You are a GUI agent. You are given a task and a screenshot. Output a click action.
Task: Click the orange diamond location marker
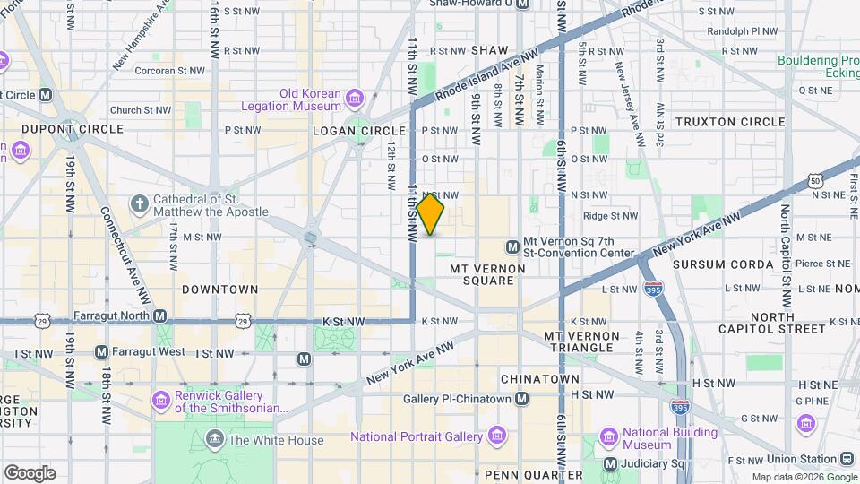(x=430, y=214)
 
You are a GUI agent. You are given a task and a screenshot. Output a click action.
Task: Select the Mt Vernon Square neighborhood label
(x=482, y=274)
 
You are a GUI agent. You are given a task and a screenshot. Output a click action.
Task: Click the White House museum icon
(x=215, y=438)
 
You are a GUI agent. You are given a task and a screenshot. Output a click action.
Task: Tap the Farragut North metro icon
(x=159, y=315)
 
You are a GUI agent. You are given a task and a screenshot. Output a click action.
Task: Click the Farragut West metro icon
(x=101, y=351)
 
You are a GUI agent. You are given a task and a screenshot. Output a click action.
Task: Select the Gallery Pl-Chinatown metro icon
(x=522, y=398)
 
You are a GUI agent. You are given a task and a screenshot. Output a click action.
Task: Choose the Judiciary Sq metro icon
(x=610, y=463)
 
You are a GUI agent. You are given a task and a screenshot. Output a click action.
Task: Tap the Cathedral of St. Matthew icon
(x=139, y=204)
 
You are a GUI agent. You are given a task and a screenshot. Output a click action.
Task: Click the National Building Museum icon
(x=609, y=438)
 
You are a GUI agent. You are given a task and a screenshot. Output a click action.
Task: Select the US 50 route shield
(x=814, y=180)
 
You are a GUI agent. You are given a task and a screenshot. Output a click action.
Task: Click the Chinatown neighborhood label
(x=540, y=379)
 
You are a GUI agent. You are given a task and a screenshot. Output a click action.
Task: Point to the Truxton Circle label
(x=730, y=122)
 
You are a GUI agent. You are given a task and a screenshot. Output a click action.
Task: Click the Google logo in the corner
(x=29, y=473)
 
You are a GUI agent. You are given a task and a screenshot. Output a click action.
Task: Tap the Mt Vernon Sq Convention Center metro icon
(x=512, y=246)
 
